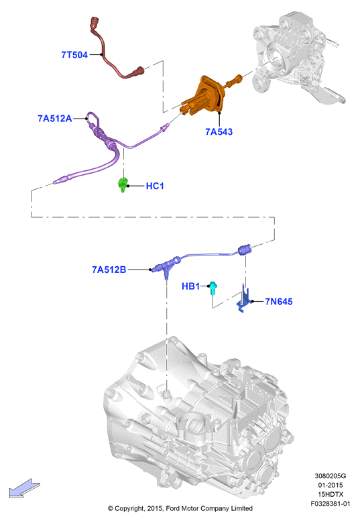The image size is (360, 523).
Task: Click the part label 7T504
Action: (x=74, y=55)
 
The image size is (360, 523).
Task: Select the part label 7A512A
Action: (x=55, y=119)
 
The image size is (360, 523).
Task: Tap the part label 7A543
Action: (x=219, y=131)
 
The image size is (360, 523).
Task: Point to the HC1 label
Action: (x=155, y=186)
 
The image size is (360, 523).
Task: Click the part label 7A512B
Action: (x=109, y=270)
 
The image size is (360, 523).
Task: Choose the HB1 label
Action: (x=190, y=286)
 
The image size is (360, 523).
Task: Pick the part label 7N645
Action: (x=279, y=302)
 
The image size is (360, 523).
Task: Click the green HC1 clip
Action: (x=123, y=184)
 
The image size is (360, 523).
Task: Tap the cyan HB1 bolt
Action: (x=213, y=288)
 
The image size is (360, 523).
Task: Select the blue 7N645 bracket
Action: (x=244, y=299)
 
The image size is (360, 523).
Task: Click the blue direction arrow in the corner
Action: (x=24, y=488)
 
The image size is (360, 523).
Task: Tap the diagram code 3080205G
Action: (x=331, y=476)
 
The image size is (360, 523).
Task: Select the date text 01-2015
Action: (x=331, y=485)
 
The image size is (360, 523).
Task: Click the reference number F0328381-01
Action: (x=331, y=504)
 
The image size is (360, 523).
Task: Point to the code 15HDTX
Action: (x=331, y=494)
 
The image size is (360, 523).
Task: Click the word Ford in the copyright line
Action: (x=173, y=509)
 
